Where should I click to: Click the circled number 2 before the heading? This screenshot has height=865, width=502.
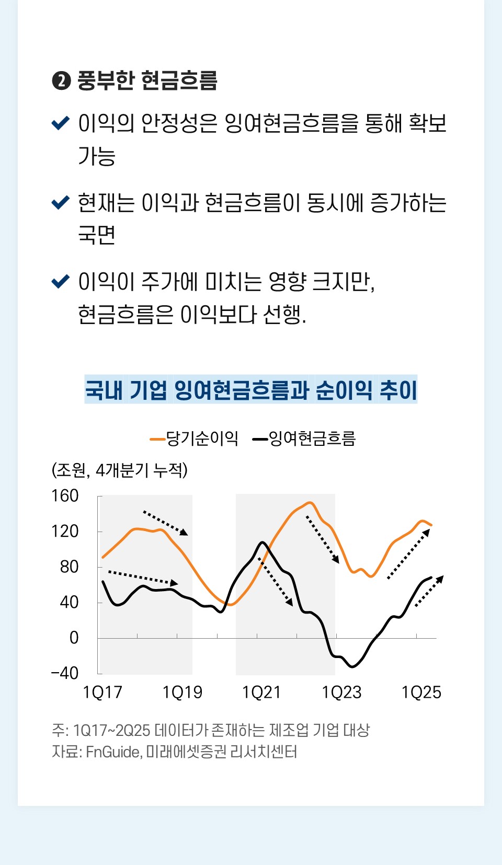pyautogui.click(x=61, y=81)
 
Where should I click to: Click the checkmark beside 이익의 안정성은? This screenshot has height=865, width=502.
pyautogui.click(x=61, y=123)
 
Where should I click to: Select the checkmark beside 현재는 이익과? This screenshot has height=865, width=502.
pyautogui.click(x=61, y=202)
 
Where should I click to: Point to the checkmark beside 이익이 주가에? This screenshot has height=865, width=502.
pyautogui.click(x=61, y=282)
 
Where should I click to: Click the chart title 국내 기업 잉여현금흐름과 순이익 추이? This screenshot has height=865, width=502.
pyautogui.click(x=251, y=390)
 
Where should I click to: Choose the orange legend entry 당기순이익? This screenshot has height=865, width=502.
pyautogui.click(x=195, y=439)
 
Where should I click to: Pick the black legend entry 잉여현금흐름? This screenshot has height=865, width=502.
pyautogui.click(x=304, y=439)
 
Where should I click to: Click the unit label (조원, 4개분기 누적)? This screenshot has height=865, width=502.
pyautogui.click(x=119, y=470)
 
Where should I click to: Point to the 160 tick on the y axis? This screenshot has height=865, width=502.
pyautogui.click(x=65, y=495)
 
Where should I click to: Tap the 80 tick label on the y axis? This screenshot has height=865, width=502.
pyautogui.click(x=69, y=567)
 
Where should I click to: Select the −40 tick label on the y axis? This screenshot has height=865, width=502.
pyautogui.click(x=65, y=673)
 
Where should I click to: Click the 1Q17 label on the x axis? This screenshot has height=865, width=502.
pyautogui.click(x=102, y=693)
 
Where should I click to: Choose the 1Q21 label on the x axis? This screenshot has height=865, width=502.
pyautogui.click(x=261, y=693)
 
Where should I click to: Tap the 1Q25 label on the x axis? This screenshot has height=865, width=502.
pyautogui.click(x=421, y=693)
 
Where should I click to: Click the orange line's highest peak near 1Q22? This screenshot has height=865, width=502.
pyautogui.click(x=310, y=503)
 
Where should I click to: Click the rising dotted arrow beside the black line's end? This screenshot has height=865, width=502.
pyautogui.click(x=429, y=591)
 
